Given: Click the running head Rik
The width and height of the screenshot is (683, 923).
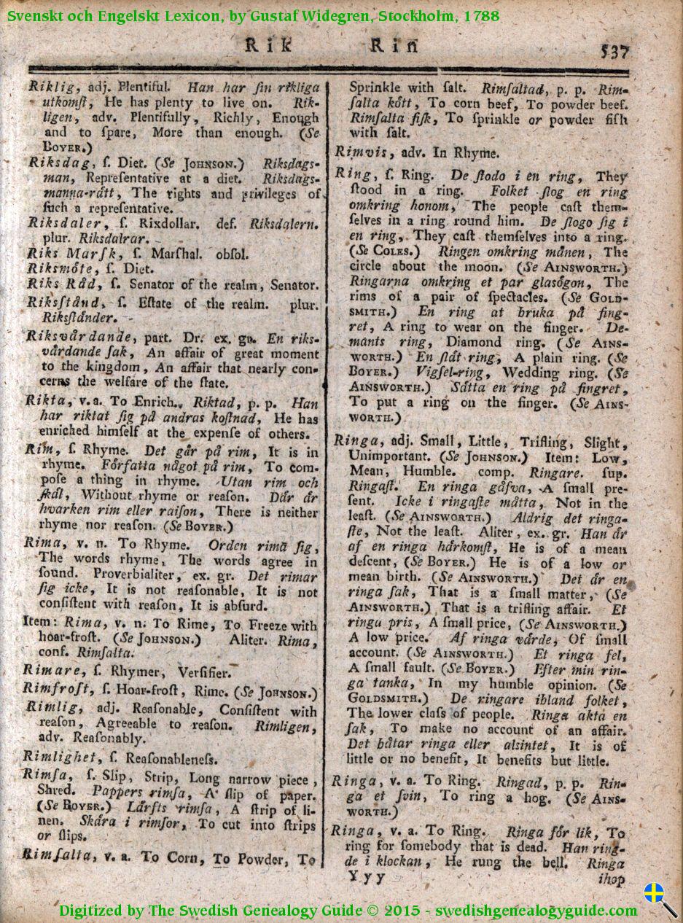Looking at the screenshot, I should [x=268, y=46].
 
